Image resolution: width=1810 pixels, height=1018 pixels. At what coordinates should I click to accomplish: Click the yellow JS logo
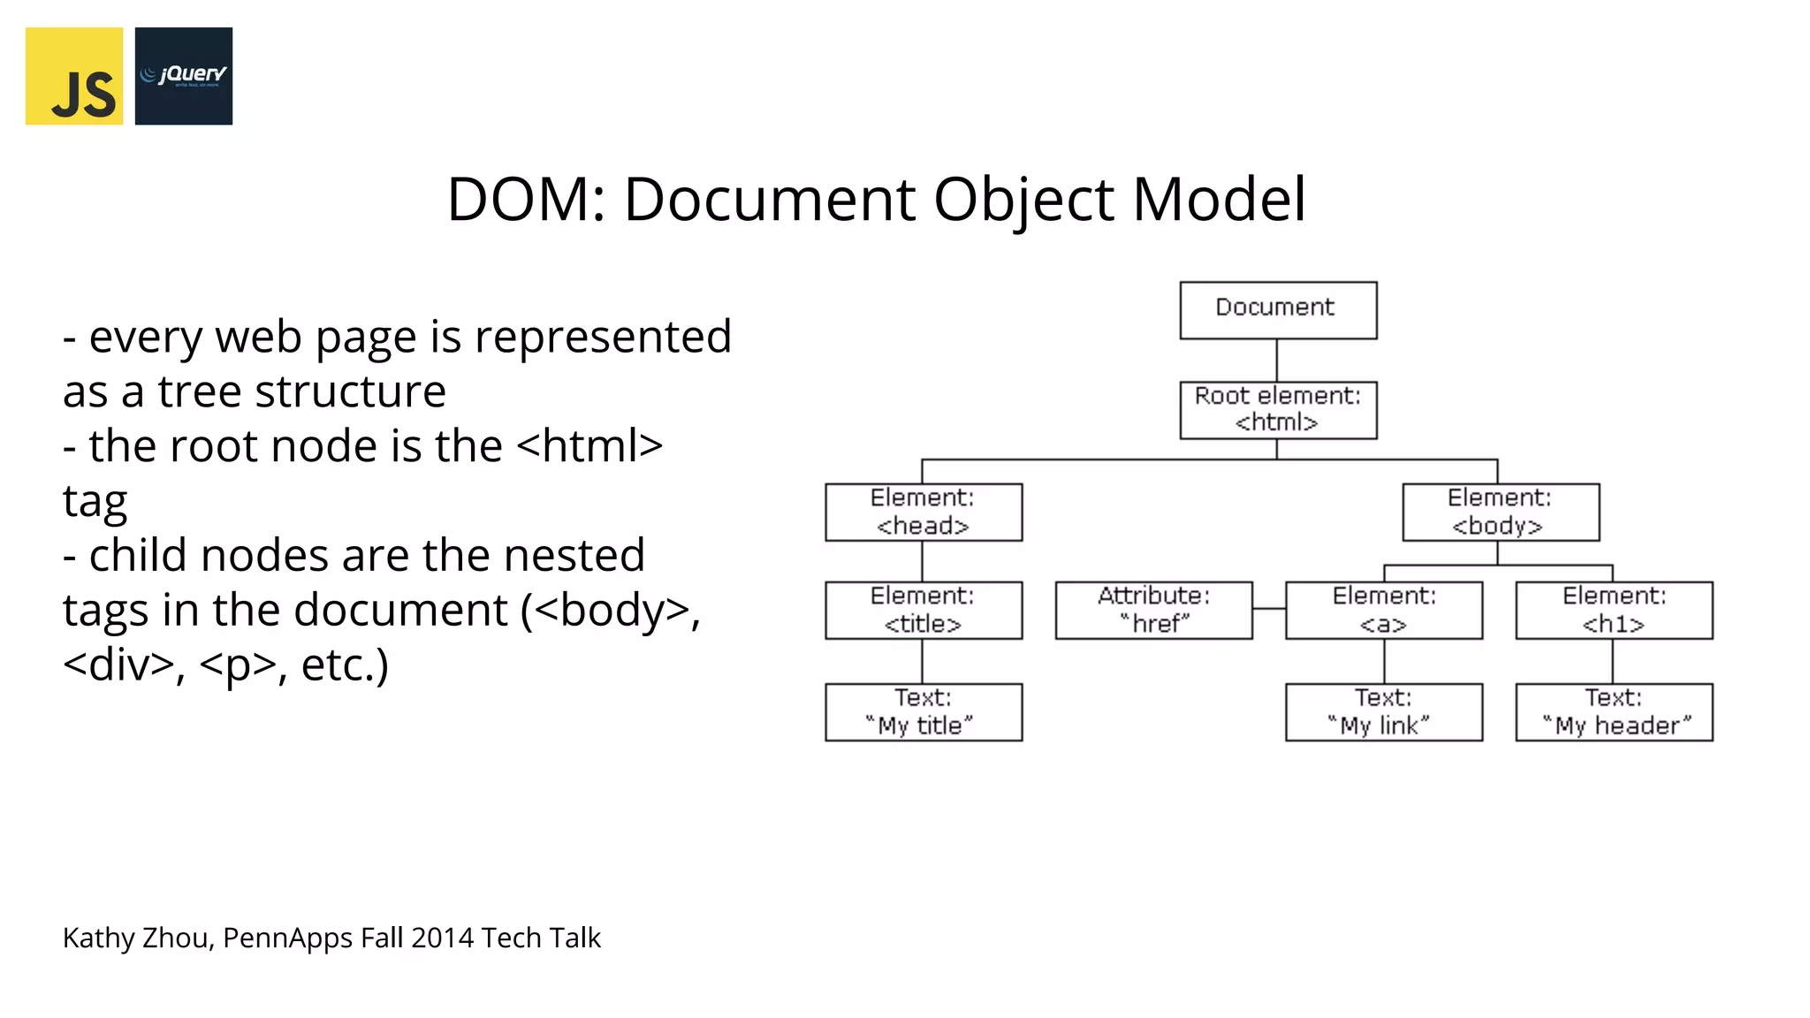(74, 76)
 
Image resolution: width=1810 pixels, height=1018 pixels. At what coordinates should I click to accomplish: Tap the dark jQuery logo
(184, 76)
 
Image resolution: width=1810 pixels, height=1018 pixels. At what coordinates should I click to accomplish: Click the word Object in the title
(1023, 200)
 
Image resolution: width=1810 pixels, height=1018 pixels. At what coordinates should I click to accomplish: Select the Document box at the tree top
(1277, 310)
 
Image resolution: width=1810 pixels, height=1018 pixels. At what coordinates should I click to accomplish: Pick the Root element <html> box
(1277, 410)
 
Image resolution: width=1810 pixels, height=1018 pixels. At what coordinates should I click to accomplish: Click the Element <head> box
(923, 512)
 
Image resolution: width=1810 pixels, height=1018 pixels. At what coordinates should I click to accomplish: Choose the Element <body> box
(1500, 512)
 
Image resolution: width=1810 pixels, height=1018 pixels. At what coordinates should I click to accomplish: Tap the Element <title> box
(923, 610)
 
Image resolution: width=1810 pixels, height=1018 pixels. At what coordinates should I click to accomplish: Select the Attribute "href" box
(1153, 610)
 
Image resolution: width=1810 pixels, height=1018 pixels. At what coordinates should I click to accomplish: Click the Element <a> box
(1383, 610)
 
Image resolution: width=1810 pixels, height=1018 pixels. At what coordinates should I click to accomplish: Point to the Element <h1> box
(1613, 610)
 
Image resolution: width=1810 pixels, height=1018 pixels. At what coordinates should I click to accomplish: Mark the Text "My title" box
(923, 711)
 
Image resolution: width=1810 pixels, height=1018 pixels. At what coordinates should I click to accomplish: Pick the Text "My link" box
(1383, 711)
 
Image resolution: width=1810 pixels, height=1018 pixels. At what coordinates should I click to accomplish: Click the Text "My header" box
(1613, 711)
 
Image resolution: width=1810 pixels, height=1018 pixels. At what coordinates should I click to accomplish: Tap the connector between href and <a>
(1269, 609)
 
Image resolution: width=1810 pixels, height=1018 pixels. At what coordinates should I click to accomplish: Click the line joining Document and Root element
(1276, 361)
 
